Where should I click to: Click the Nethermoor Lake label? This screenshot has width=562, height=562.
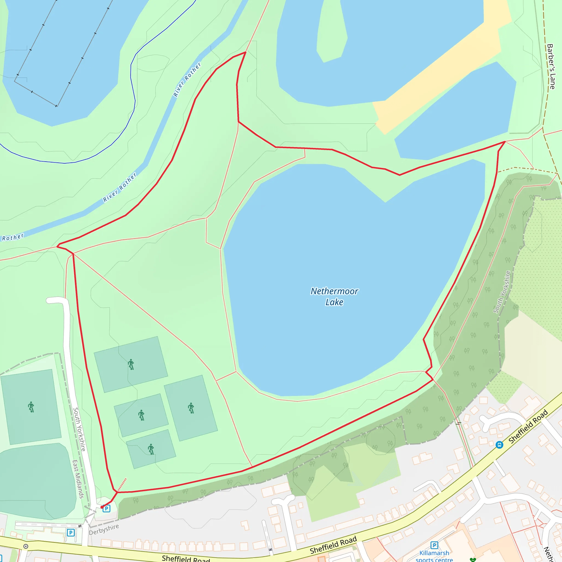click(334, 296)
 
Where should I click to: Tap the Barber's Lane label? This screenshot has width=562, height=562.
click(551, 66)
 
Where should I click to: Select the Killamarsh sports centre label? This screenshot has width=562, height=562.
click(434, 556)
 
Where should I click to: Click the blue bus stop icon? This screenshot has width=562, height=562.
click(499, 445)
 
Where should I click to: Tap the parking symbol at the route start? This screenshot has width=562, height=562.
click(106, 508)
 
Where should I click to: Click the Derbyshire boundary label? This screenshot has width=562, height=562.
click(104, 529)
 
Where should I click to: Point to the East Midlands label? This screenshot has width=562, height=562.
click(78, 479)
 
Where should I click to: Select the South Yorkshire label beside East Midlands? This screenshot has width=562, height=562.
click(79, 429)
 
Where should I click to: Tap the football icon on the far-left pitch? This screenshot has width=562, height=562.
click(31, 407)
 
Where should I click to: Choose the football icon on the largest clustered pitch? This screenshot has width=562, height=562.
click(191, 408)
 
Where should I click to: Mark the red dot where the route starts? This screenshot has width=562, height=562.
click(102, 507)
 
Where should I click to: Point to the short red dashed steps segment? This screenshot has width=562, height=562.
click(122, 485)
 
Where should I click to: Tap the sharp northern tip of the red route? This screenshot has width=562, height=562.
click(246, 52)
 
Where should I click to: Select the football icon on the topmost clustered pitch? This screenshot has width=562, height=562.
click(131, 364)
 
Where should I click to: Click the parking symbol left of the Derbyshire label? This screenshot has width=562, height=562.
click(71, 533)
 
